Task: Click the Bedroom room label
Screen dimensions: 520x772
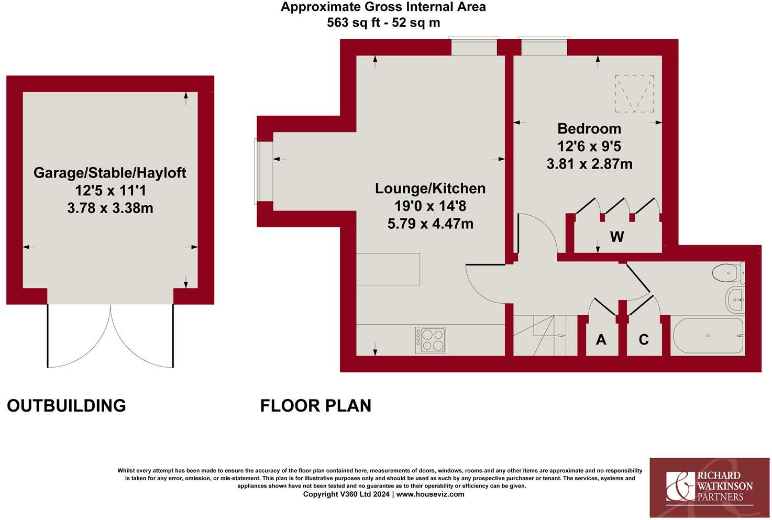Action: coord(589,128)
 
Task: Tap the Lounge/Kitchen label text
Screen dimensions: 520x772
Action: coord(430,189)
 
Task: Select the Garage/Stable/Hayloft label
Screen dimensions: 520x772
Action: coord(110,173)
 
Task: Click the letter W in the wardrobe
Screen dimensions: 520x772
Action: coord(617,237)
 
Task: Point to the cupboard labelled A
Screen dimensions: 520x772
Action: coord(601,339)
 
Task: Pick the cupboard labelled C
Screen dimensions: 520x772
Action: coord(644,339)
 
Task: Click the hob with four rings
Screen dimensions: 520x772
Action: coord(431,340)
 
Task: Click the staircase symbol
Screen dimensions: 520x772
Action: coord(539,335)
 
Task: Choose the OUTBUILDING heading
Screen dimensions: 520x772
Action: coord(67,406)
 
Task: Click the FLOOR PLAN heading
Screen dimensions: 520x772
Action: coord(316,406)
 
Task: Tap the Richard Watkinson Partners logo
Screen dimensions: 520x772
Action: coord(709,487)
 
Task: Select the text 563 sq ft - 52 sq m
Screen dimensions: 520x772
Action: coord(383,23)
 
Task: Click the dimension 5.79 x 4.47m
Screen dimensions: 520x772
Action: coord(430,224)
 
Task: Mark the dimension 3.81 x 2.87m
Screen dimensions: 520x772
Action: coord(589,164)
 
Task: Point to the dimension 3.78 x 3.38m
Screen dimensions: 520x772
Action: coord(110,208)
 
